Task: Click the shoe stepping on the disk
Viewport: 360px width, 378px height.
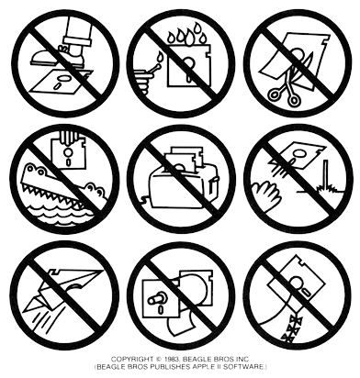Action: (58, 56)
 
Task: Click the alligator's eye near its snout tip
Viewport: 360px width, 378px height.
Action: (91, 187)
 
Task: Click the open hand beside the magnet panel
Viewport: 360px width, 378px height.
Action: (266, 195)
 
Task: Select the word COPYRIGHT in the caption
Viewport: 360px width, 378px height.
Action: (132, 360)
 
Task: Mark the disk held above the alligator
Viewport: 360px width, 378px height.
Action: (70, 152)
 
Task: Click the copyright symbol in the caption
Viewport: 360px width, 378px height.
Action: (159, 360)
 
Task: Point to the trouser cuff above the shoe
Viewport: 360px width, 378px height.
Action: (77, 39)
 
